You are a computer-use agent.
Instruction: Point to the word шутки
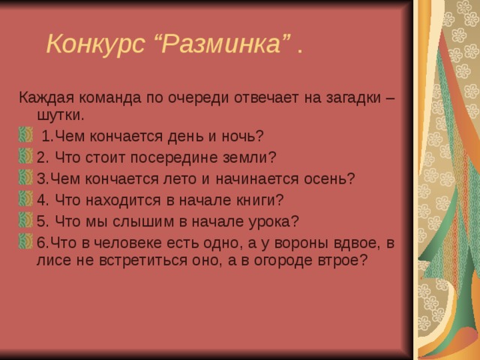tap(58, 115)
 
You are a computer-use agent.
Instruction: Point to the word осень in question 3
tap(330, 178)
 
